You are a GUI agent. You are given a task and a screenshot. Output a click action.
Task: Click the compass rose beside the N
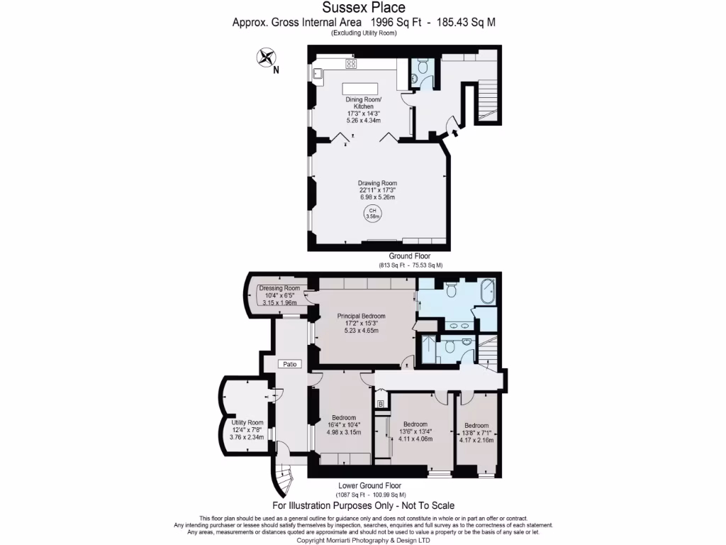[x=267, y=57]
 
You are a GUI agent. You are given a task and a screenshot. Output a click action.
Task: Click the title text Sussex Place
[x=364, y=8]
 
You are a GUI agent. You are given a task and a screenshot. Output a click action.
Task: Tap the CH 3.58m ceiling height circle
[x=372, y=214]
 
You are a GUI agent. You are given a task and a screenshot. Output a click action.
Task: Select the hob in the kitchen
[x=350, y=64]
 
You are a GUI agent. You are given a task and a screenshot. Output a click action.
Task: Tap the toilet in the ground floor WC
[x=422, y=67]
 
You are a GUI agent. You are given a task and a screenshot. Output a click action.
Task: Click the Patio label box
[x=289, y=364]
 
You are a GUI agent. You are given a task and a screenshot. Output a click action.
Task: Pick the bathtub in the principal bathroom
[x=488, y=291]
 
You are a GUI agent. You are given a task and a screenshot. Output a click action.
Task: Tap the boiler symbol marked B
[x=381, y=404]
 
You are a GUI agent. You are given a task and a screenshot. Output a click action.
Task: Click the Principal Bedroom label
[x=362, y=316]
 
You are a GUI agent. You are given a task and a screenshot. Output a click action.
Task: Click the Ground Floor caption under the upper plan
[x=409, y=256]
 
